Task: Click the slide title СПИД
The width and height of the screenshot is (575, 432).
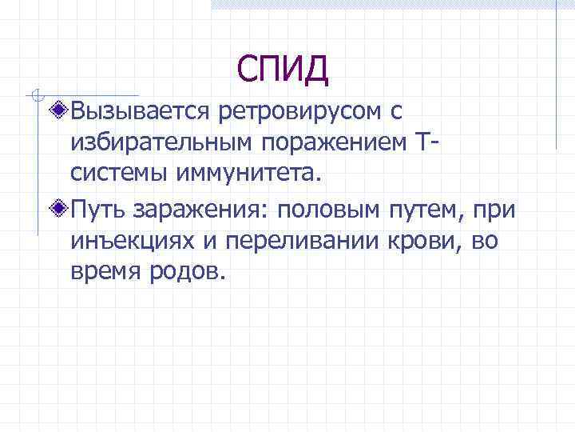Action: click(283, 70)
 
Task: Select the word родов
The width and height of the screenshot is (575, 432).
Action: click(188, 273)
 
